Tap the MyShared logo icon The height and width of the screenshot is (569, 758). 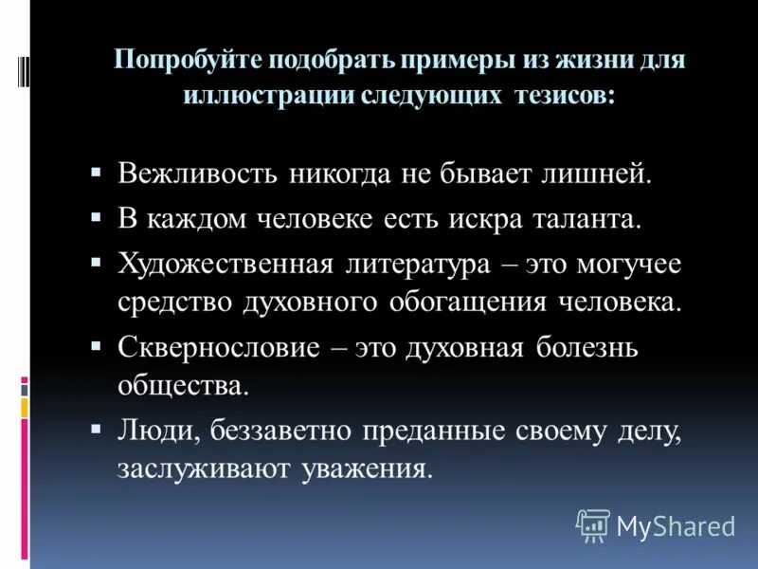(593, 524)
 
